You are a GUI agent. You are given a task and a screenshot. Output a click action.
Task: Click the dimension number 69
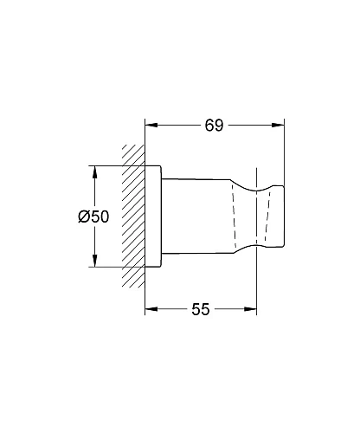(214, 126)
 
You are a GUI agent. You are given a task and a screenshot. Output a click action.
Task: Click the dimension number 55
(201, 309)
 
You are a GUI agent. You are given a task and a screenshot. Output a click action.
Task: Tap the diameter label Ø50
(93, 216)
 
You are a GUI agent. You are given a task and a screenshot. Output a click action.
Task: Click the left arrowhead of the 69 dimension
(151, 125)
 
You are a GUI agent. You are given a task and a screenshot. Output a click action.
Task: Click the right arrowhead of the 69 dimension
(278, 125)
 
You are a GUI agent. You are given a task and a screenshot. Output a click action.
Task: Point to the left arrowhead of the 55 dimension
(151, 309)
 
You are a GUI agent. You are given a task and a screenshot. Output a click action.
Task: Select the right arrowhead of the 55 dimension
(250, 309)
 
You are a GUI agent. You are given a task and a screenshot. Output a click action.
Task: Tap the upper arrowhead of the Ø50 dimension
(94, 172)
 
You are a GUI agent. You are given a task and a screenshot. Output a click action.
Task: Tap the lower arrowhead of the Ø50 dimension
(94, 261)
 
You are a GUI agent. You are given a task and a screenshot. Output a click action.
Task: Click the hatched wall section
(133, 216)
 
